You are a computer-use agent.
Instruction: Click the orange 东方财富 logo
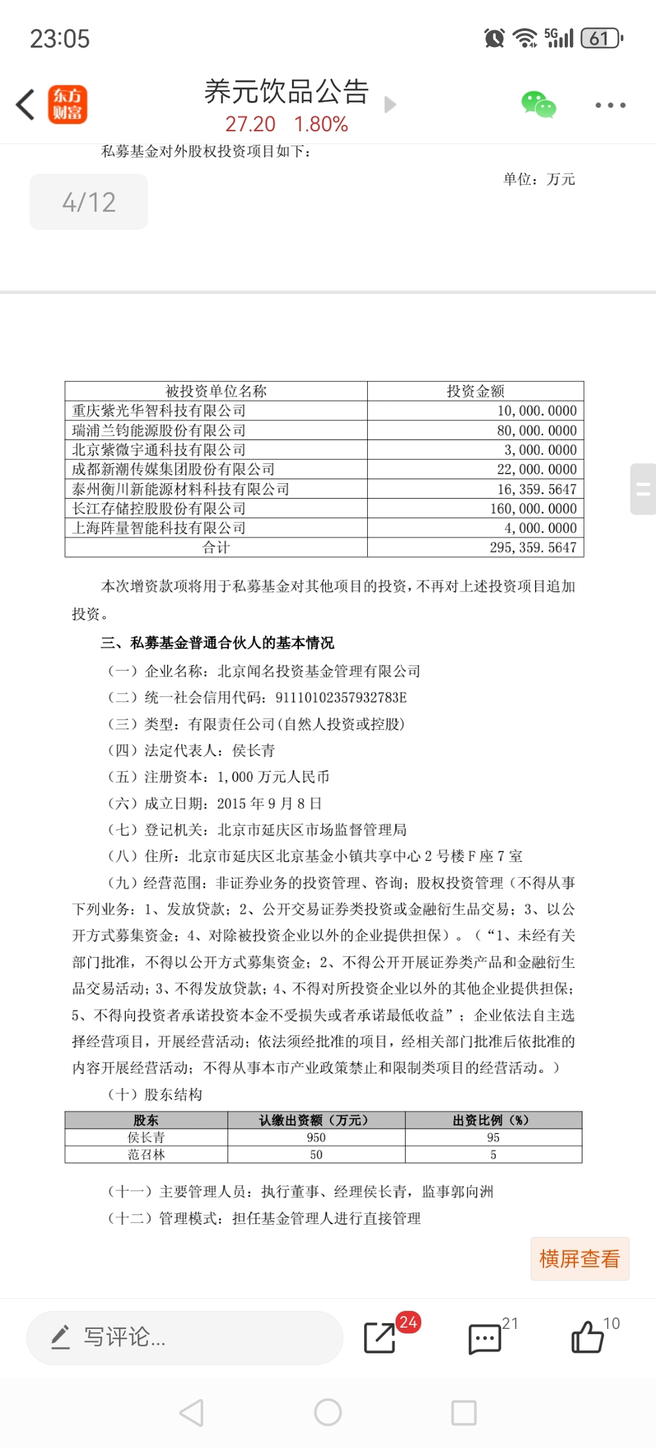[68, 105]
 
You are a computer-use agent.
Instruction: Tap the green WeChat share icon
[538, 105]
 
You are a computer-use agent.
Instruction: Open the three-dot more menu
[610, 105]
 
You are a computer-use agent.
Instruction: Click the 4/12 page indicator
[89, 202]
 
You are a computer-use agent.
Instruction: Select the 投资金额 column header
[475, 391]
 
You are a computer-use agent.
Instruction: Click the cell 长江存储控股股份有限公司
[159, 508]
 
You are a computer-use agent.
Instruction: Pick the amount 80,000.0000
[536, 431]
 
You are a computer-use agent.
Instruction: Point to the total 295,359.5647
[533, 548]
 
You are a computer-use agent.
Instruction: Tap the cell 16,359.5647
[536, 489]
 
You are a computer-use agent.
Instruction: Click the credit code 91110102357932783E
[341, 698]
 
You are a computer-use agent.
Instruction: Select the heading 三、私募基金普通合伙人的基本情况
[217, 643]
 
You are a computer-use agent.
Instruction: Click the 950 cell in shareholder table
[316, 1138]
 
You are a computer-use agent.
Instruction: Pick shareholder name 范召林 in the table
[146, 1155]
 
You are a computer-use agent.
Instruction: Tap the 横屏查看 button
[579, 1259]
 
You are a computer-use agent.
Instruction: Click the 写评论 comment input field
[185, 1338]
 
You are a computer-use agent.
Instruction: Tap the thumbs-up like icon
[587, 1337]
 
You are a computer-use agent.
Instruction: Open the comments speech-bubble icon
[484, 1339]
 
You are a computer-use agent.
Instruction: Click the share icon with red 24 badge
[379, 1338]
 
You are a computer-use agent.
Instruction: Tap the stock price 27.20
[250, 124]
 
